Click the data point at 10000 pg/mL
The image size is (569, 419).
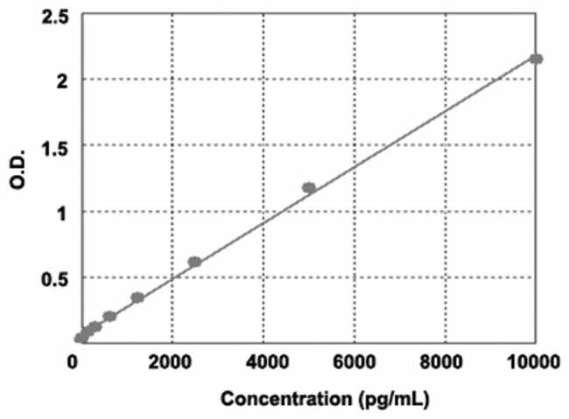coord(536,59)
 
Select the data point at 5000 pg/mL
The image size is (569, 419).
coord(308,187)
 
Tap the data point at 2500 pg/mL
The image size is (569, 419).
coord(194,262)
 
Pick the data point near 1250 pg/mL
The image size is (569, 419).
coord(137,297)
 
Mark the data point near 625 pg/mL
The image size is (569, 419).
coord(109,316)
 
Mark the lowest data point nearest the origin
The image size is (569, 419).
coord(80,338)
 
